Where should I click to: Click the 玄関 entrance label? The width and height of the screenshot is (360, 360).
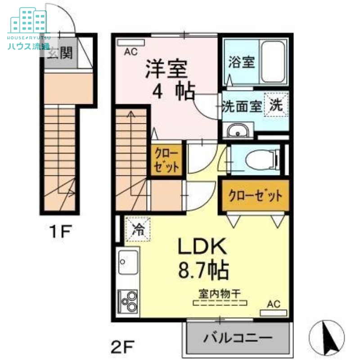click(x=60, y=54)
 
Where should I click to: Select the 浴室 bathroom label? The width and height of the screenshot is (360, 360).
click(x=241, y=62)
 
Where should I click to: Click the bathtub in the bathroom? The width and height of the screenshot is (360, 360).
click(x=274, y=61)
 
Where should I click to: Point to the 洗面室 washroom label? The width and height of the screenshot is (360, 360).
click(x=242, y=107)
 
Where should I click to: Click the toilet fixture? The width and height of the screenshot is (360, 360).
click(x=261, y=158)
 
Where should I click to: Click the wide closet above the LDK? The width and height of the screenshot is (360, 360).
click(x=255, y=196)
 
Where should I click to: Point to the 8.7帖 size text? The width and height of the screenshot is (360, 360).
click(x=203, y=270)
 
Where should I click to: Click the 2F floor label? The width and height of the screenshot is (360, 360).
click(x=122, y=348)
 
